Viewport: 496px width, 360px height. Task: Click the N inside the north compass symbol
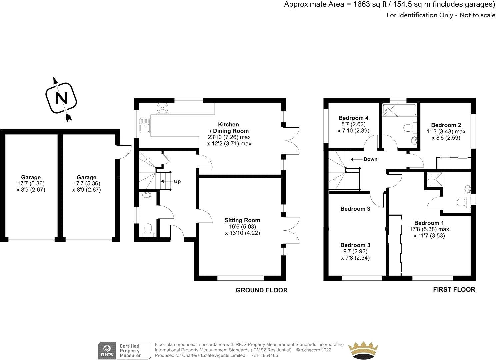tap(61, 98)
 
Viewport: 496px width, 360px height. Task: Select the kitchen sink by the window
tap(145, 125)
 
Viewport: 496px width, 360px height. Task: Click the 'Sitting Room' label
tap(242, 220)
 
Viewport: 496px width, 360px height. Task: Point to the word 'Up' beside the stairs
tap(177, 182)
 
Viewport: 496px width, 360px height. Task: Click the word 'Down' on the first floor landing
tap(370, 159)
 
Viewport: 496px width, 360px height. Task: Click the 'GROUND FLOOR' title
tap(261, 290)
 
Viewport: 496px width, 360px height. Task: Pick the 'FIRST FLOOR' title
tap(454, 290)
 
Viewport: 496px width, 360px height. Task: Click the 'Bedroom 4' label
tap(353, 118)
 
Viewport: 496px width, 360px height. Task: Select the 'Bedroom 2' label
tap(446, 125)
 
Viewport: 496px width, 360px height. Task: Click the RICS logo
tap(107, 350)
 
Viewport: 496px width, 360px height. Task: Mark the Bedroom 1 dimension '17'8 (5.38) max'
tap(429, 229)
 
